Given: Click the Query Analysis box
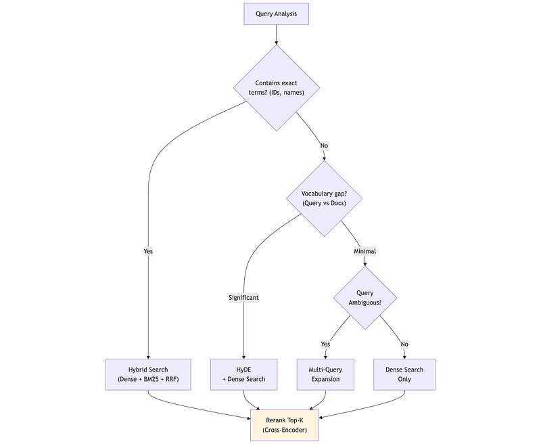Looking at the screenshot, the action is click(276, 14).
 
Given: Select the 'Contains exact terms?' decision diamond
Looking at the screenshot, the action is click(277, 88).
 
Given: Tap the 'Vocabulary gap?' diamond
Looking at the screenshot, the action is click(324, 198).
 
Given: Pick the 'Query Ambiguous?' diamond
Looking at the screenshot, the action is click(365, 298).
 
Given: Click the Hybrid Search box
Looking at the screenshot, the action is click(148, 374).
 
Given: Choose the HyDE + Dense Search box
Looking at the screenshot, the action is click(243, 374).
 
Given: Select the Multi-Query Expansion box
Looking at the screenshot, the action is click(325, 374).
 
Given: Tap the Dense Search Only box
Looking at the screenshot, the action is click(404, 374).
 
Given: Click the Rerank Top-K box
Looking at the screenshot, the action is click(285, 425).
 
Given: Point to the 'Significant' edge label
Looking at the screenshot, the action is click(243, 298).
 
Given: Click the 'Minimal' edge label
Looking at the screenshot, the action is click(364, 251).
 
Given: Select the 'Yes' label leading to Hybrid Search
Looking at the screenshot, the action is click(148, 251).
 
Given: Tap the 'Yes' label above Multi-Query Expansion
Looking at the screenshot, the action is click(325, 345).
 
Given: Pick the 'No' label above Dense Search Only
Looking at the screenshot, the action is click(404, 345).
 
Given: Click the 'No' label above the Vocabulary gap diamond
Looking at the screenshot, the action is click(324, 146).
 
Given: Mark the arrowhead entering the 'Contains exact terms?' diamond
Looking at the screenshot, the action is click(277, 43).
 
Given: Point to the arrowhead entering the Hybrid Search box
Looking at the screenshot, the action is click(148, 357).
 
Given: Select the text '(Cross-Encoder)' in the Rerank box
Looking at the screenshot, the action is click(285, 430).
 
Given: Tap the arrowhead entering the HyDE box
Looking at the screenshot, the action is click(243, 357).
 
